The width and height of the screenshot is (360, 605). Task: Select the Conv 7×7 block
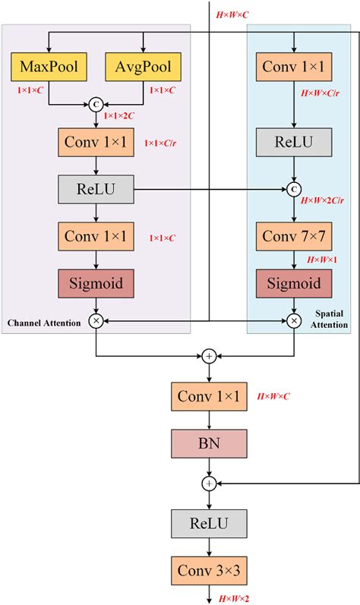293,235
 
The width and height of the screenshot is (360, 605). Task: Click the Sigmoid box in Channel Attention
96,285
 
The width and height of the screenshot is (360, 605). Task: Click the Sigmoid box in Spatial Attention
293,285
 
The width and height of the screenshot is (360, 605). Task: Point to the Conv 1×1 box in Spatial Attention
293,67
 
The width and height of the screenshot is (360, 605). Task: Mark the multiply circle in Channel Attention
96,321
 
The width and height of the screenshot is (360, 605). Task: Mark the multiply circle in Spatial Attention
293,321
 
